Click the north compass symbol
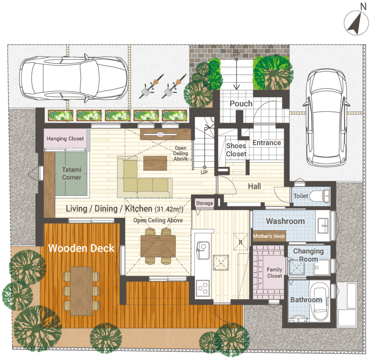click(356, 23)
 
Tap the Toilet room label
click(301, 196)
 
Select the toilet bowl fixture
click(319, 196)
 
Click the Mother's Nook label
click(269, 236)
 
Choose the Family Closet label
click(275, 273)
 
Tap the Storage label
click(204, 203)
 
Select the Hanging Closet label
click(65, 139)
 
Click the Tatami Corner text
click(72, 174)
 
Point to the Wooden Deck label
click(81, 248)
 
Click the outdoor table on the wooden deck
click(81, 291)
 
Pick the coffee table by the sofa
click(155, 163)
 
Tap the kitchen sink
click(203, 250)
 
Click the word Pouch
click(241, 103)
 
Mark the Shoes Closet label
click(236, 150)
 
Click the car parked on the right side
click(326, 118)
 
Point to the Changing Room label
click(308, 255)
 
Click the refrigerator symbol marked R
click(241, 242)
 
